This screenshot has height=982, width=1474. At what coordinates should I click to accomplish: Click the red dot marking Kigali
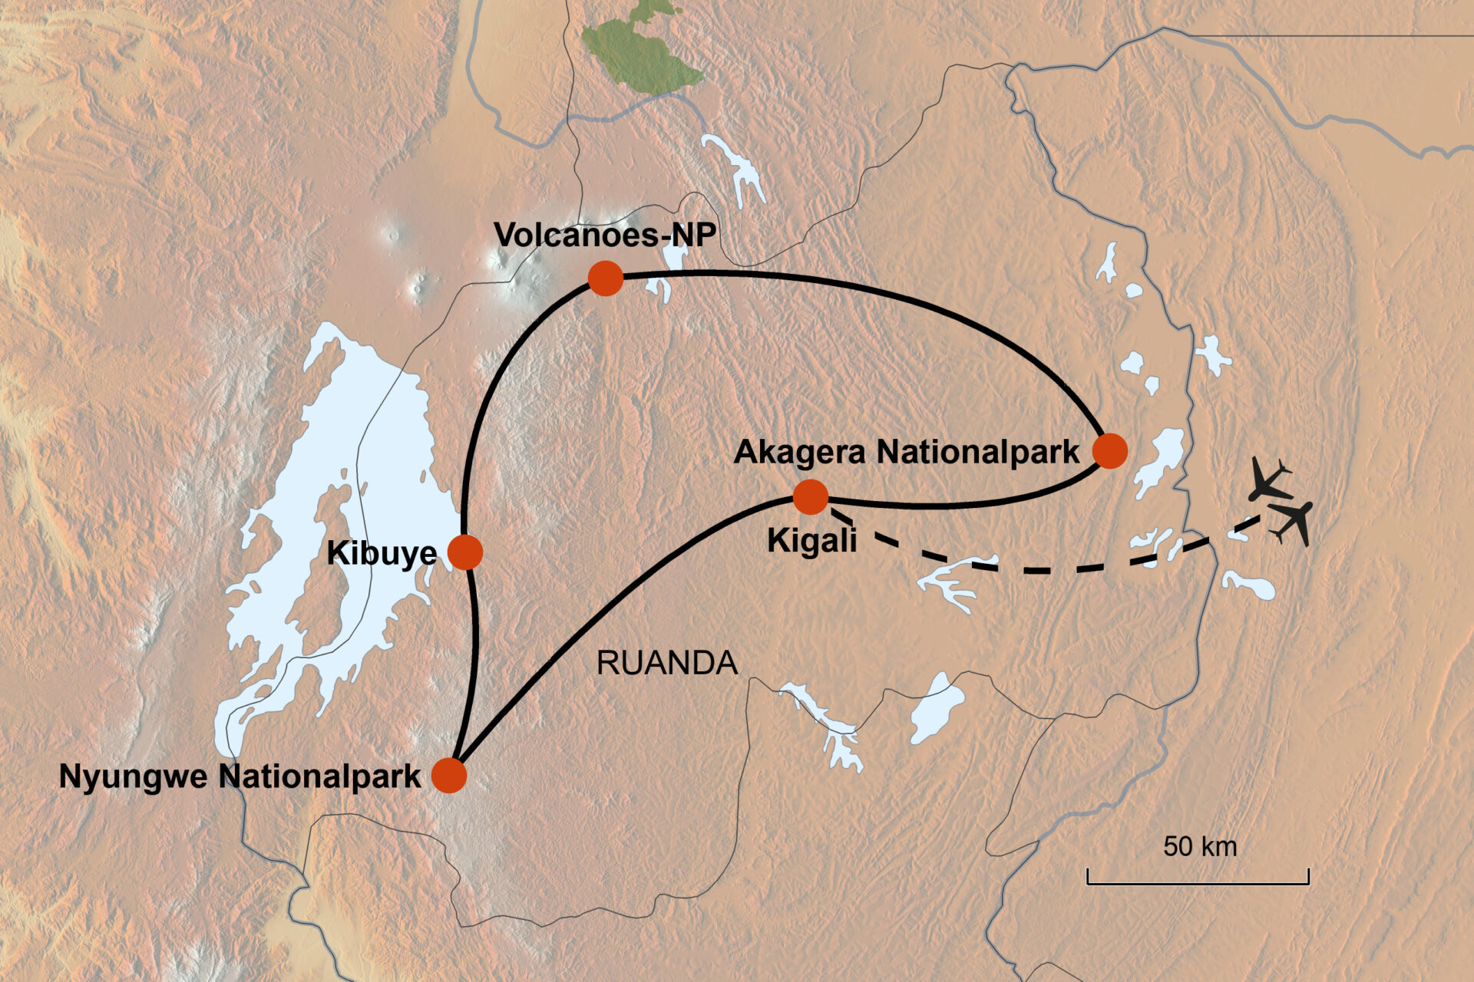[x=810, y=497]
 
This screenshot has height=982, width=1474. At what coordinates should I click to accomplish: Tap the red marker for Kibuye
[x=464, y=552]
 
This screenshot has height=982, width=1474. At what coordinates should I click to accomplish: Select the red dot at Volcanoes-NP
[x=605, y=278]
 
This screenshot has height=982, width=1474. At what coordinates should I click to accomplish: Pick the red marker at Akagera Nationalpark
[x=1109, y=450]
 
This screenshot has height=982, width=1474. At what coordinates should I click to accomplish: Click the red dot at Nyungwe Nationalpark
[x=449, y=775]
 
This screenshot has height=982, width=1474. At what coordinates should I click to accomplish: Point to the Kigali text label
[x=811, y=541]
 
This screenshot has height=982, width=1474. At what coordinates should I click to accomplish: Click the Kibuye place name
[x=382, y=553]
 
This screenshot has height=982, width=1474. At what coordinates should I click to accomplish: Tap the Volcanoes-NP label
[x=604, y=235]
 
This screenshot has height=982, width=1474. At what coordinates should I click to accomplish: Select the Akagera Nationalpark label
[x=906, y=452]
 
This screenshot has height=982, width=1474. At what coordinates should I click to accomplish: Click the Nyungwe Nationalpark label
[x=240, y=776]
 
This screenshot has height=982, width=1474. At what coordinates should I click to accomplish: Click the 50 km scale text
[x=1199, y=846]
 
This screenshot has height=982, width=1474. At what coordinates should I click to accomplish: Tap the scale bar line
[x=1198, y=883]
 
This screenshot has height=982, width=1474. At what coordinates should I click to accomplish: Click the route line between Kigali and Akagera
[x=960, y=505]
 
